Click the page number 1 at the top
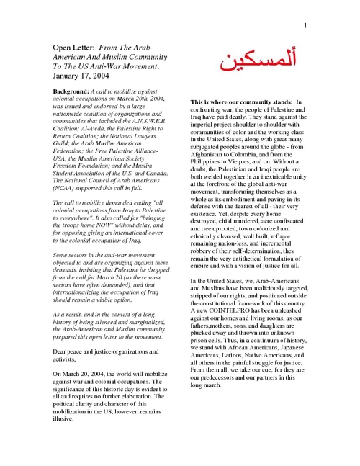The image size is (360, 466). [305, 26]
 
